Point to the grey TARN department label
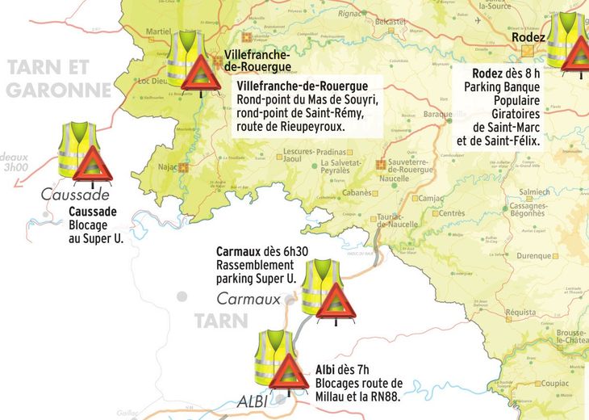(220, 320)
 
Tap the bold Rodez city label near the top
(529, 37)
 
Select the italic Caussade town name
(75, 195)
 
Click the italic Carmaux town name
(249, 298)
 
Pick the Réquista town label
(520, 312)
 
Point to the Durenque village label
(532, 256)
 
